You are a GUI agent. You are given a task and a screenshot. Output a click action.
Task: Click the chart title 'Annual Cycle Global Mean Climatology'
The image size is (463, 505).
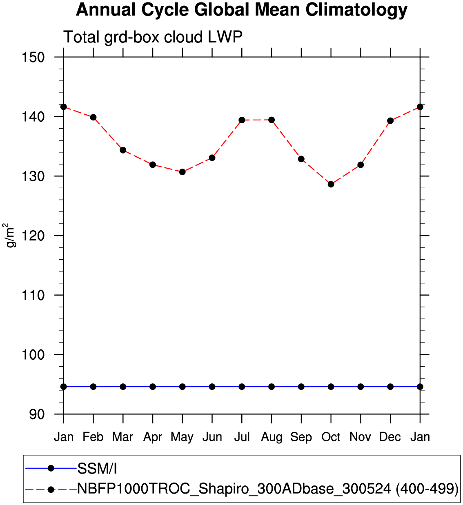coord(242,10)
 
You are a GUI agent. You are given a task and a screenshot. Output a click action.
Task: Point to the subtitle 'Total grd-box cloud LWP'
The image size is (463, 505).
coord(153,37)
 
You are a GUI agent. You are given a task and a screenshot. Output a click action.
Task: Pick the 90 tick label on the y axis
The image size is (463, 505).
coord(37,414)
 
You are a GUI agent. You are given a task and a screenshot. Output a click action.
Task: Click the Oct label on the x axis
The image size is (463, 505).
coord(331,437)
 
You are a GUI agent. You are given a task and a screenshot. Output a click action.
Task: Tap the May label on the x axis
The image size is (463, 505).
coord(182,437)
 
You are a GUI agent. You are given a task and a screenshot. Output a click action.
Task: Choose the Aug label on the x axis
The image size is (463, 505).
coord(272,437)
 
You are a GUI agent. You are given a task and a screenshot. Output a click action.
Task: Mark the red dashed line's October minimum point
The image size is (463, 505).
coord(331,184)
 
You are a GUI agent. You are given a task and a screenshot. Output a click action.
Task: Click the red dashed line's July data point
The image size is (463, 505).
coord(242,120)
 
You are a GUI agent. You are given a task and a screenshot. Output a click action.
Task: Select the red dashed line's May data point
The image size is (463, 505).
coord(183,172)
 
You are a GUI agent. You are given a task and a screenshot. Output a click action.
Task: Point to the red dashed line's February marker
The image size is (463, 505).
coord(93,117)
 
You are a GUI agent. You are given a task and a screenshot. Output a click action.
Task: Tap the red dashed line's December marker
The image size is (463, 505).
coord(390,120)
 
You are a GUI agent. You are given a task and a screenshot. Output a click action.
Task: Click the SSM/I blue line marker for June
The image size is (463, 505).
coord(212,387)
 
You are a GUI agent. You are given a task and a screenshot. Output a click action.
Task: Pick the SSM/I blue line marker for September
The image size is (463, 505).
coord(301,387)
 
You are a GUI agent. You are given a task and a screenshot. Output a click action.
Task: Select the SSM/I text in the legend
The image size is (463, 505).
coord(97,469)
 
